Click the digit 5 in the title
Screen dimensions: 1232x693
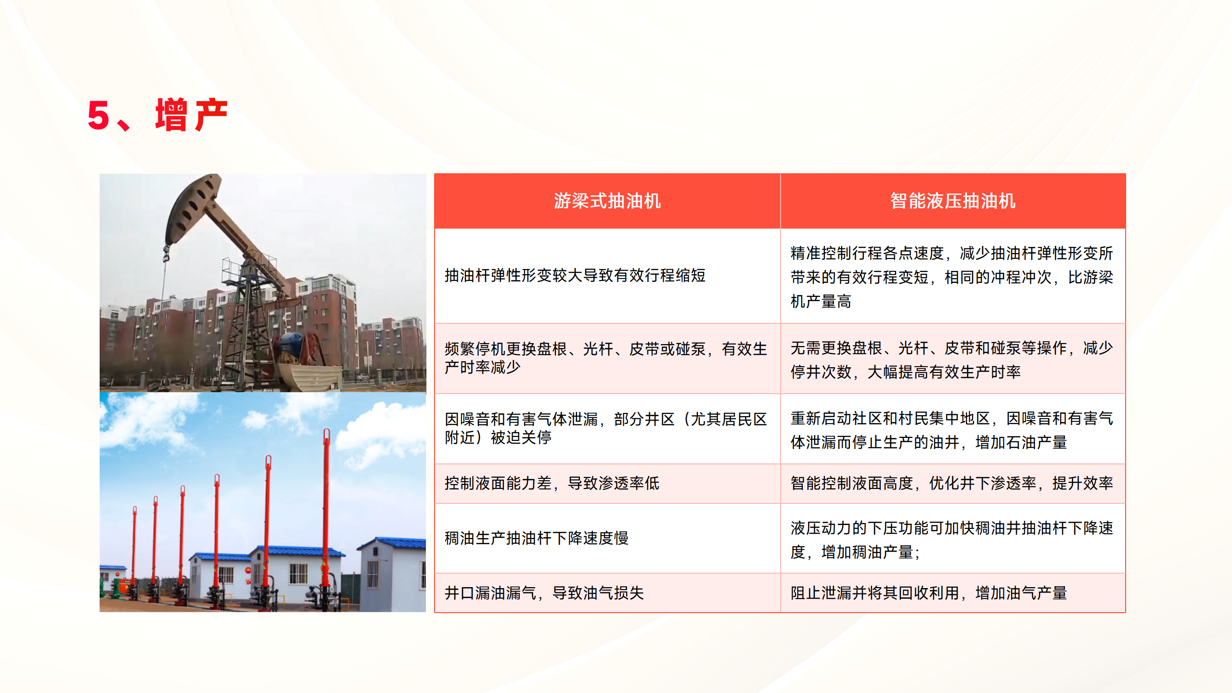(99, 115)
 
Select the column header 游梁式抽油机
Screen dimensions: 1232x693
(607, 201)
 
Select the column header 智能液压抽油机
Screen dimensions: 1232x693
(953, 201)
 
